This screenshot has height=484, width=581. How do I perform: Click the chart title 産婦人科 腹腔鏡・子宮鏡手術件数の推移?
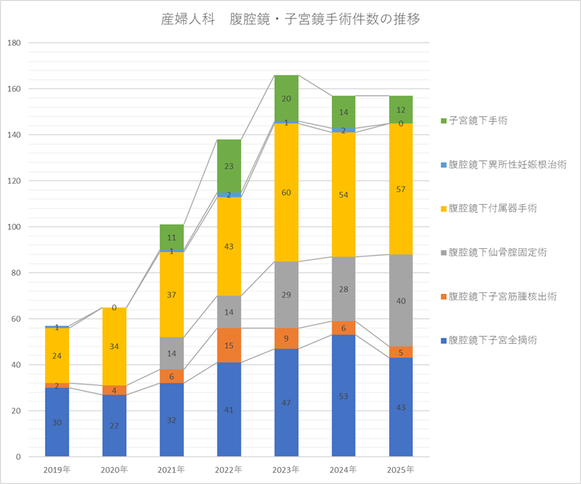click(x=290, y=19)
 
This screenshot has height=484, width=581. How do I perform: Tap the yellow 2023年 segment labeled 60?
click(x=286, y=192)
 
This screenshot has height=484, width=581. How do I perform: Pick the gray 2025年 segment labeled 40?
click(x=400, y=300)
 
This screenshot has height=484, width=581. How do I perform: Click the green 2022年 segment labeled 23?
click(x=228, y=167)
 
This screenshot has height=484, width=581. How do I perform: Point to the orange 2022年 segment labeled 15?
click(x=228, y=346)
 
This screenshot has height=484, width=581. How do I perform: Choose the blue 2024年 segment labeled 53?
click(x=343, y=396)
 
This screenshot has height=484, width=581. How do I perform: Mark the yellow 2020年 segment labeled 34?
click(x=114, y=347)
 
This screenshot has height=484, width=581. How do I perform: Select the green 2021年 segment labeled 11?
click(x=171, y=237)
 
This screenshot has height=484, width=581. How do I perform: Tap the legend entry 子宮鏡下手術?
click(x=481, y=120)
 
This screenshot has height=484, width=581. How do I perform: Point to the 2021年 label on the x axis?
click(x=171, y=469)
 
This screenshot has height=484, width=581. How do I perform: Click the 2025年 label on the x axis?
click(x=400, y=469)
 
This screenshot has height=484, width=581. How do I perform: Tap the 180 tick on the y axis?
click(x=14, y=43)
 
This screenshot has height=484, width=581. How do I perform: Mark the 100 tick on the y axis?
click(x=14, y=227)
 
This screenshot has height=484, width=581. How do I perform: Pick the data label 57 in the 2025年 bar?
click(x=400, y=189)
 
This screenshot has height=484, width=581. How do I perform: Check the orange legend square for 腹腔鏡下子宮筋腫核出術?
click(x=443, y=297)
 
